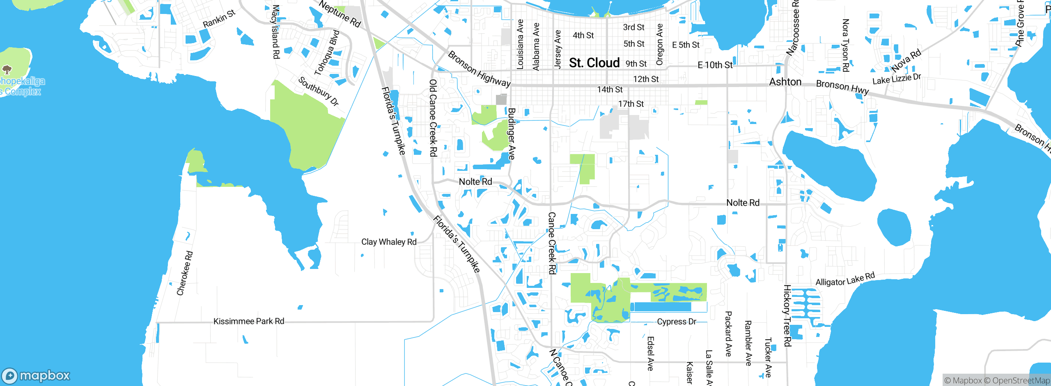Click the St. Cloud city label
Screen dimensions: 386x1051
594,63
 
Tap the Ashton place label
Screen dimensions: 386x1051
785,82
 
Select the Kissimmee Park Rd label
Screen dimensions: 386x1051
248,321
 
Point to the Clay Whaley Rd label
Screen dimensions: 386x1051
388,242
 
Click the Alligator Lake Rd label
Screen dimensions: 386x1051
845,279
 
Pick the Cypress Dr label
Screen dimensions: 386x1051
676,322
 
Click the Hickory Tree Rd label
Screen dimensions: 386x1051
787,315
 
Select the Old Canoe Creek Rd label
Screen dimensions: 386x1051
433,118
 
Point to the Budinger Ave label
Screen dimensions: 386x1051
512,133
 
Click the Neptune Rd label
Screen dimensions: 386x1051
340,14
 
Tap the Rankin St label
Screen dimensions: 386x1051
219,19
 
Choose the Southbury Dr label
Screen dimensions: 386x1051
318,91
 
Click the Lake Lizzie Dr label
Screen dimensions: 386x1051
897,79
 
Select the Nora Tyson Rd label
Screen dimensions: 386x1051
845,45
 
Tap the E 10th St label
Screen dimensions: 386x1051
715,65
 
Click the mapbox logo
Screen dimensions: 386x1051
36,375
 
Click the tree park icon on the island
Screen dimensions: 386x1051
7,69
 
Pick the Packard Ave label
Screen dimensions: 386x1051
728,333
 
